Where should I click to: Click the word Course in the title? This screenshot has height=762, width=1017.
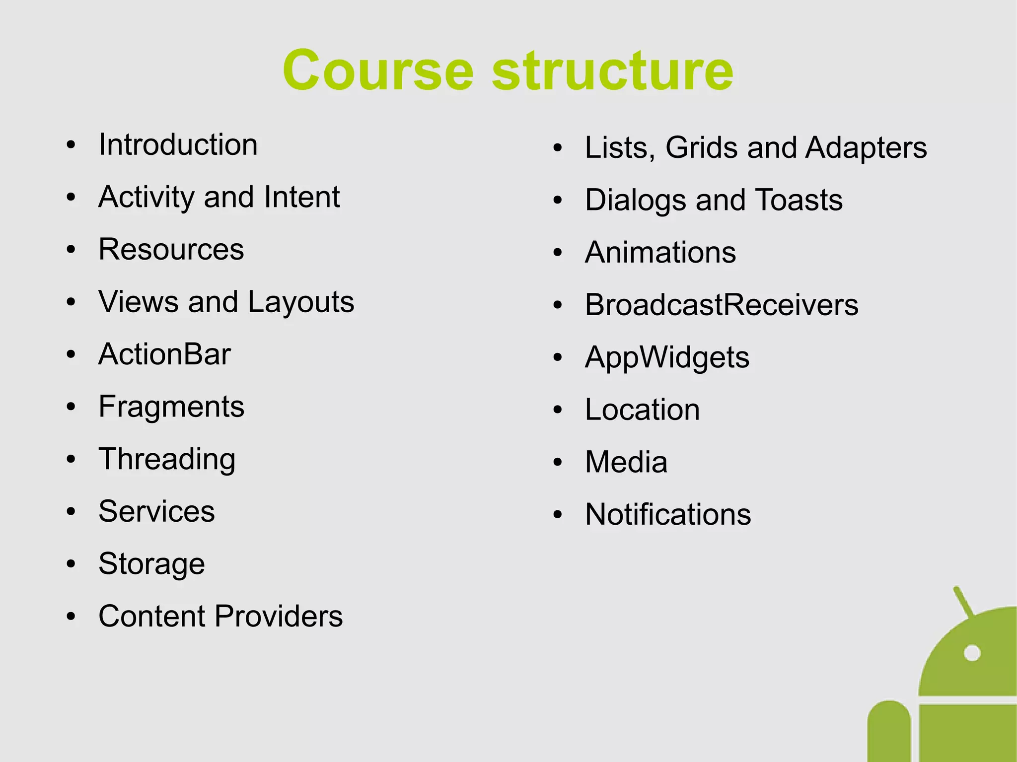coord(378,71)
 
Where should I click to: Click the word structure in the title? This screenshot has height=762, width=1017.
coord(612,71)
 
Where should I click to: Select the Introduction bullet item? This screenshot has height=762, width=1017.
coord(178,145)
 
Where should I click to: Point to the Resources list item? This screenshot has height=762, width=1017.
coord(171,249)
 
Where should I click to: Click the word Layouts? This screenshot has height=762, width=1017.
coord(301,302)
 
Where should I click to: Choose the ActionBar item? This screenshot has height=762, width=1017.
coord(164,354)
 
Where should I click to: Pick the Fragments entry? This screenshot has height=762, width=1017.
coord(171,407)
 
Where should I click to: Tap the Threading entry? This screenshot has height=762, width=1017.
coord(167,459)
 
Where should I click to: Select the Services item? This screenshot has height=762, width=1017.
coord(156,511)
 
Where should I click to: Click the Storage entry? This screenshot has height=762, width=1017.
coord(151,564)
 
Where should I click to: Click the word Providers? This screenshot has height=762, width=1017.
coord(279,616)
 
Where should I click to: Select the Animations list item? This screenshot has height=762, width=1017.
coord(660,253)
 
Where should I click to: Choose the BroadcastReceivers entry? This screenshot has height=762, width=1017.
coord(722,305)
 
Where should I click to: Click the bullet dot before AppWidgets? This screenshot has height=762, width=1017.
coord(558,357)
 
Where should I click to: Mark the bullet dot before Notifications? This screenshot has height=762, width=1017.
coord(558,515)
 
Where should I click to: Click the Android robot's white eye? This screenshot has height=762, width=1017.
coord(972,653)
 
